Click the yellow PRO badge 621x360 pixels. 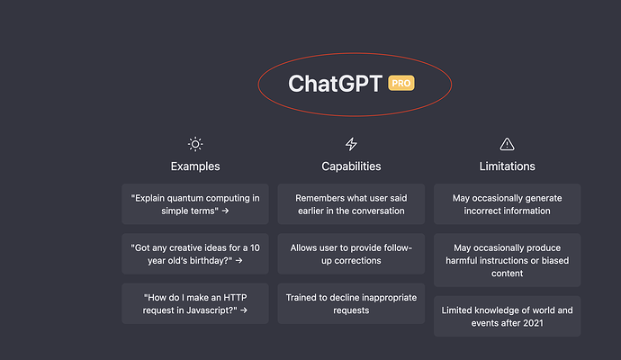(x=401, y=83)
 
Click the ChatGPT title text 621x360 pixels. (x=336, y=83)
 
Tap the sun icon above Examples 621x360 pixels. (x=195, y=144)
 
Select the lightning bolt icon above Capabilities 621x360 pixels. (x=351, y=144)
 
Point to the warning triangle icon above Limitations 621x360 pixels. (x=507, y=144)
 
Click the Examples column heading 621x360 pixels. (x=195, y=166)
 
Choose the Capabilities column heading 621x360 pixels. (x=351, y=166)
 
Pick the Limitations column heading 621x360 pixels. (x=507, y=166)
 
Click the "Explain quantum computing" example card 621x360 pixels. (x=195, y=204)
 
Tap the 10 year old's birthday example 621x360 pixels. (x=195, y=254)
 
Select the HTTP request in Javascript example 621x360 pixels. (x=195, y=303)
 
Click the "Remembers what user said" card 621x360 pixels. (x=351, y=204)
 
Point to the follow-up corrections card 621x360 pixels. (x=351, y=254)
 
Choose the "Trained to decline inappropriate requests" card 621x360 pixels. (x=351, y=303)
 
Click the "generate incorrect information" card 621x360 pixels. (x=507, y=204)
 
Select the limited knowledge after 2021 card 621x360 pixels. (x=507, y=316)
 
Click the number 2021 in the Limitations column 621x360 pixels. (x=534, y=323)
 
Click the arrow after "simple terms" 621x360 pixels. (x=225, y=211)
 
